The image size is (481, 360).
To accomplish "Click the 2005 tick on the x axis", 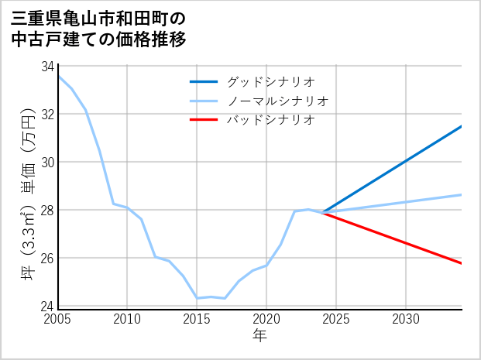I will (57, 319).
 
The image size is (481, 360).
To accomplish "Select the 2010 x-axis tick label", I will (127, 319).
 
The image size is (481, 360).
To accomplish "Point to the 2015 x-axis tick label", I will (197, 319).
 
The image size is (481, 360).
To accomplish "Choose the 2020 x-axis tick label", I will (266, 319).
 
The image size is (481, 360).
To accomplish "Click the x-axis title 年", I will (259, 335).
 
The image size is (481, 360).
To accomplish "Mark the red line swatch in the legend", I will (204, 120).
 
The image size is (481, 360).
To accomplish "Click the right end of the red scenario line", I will (461, 263).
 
